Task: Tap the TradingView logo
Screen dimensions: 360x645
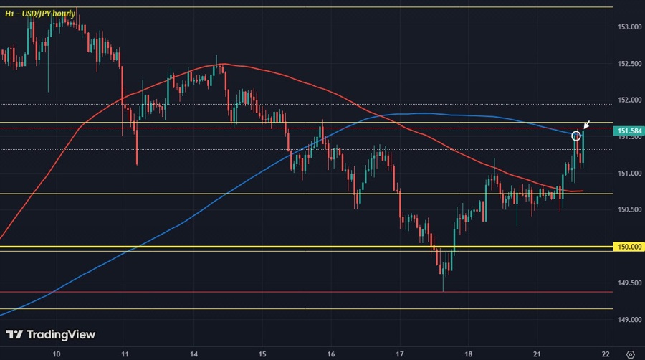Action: tap(50, 334)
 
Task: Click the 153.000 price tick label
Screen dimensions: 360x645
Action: tap(628, 27)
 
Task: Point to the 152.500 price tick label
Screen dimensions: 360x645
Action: tap(628, 64)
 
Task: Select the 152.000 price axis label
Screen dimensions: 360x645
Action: tap(628, 100)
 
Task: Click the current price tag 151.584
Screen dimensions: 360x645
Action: tap(628, 131)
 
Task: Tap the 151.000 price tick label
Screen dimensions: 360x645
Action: tap(628, 174)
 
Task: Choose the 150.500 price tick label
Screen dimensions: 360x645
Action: tap(628, 210)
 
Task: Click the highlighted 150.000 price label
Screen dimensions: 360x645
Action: tap(628, 247)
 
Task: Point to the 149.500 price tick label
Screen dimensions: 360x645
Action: tap(628, 283)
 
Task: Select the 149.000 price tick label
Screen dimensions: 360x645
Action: tap(628, 320)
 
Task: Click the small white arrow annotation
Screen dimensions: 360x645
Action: tap(587, 125)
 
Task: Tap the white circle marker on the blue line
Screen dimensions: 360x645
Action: tap(575, 136)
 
